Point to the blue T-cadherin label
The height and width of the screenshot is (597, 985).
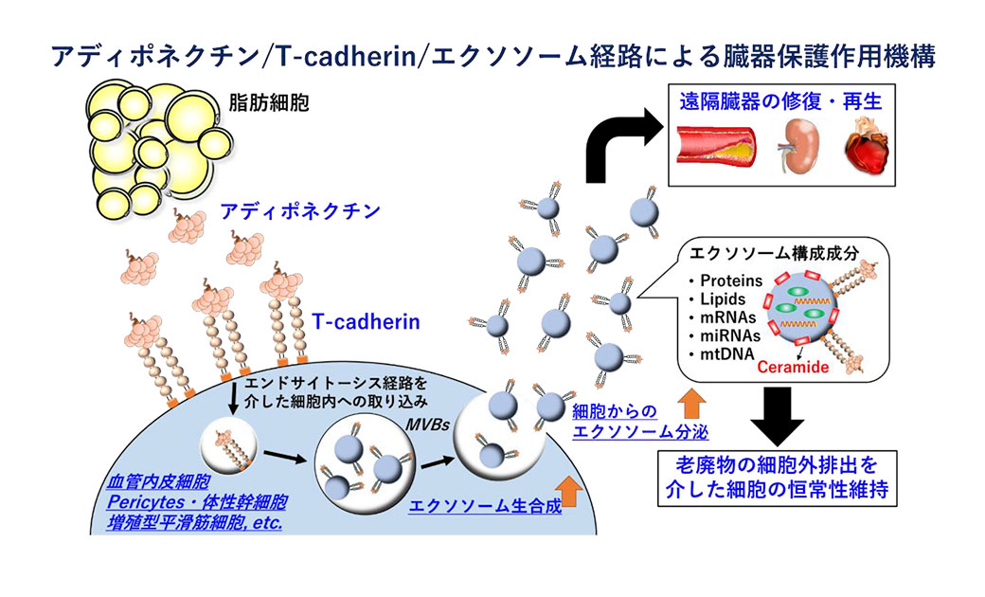367,323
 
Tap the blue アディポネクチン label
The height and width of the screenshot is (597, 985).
287,211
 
